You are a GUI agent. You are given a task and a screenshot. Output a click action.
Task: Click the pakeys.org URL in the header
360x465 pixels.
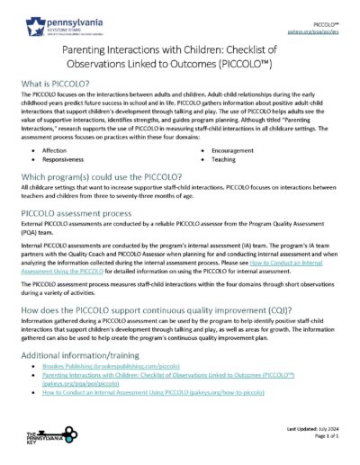point(327,28)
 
